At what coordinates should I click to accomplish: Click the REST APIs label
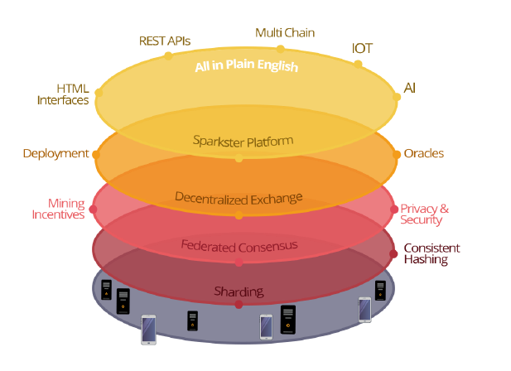(166, 40)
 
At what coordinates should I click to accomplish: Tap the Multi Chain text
(285, 32)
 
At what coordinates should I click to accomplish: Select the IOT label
(362, 48)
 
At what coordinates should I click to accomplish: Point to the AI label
(410, 87)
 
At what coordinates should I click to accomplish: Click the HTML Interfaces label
(62, 94)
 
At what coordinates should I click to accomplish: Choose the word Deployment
(55, 153)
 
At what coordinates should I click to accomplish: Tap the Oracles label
(423, 153)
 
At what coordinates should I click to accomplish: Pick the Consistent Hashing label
(431, 253)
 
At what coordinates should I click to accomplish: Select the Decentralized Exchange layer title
(239, 198)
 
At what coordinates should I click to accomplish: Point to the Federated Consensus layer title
(239, 245)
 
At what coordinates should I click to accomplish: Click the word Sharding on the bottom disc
(239, 291)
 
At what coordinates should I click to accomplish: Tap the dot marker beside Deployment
(96, 154)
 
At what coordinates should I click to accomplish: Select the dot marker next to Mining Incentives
(93, 209)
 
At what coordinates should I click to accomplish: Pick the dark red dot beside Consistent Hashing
(393, 253)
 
